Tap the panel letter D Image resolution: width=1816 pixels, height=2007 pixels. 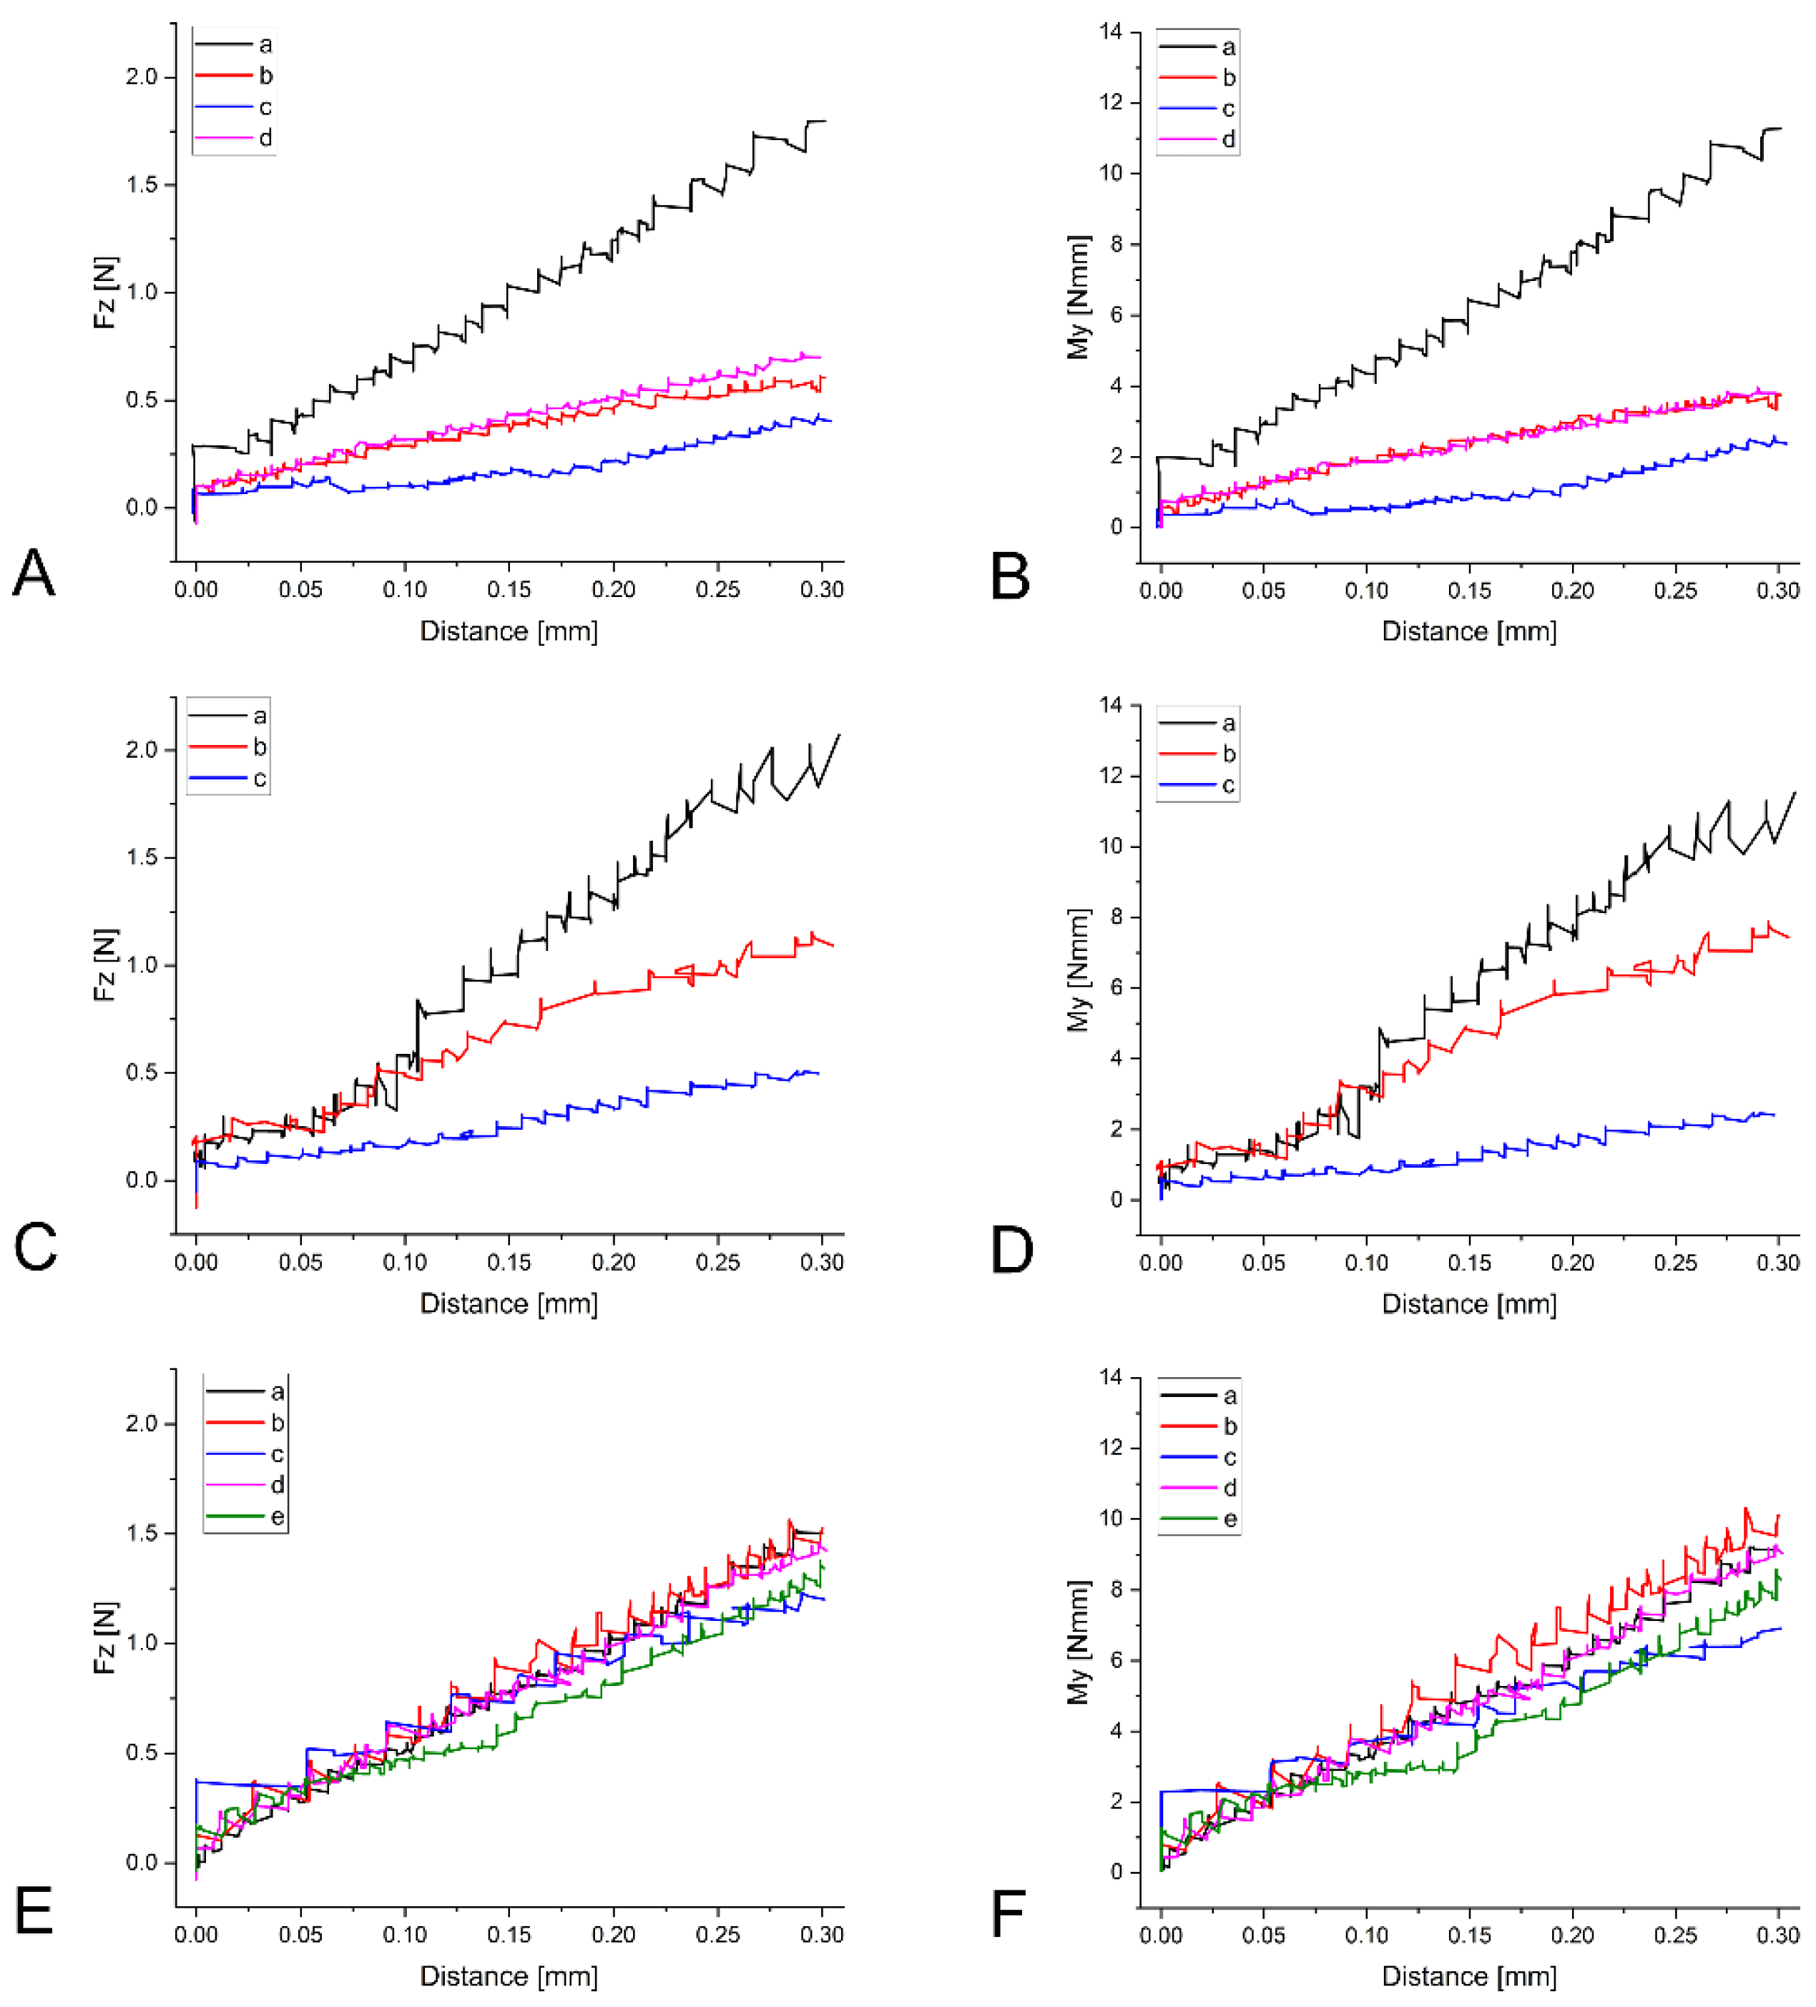click(x=1011, y=1249)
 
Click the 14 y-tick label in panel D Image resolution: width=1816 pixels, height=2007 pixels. click(x=1110, y=705)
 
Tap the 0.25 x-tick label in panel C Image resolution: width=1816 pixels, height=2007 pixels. click(x=718, y=1263)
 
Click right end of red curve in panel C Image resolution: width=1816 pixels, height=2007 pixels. click(x=833, y=945)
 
